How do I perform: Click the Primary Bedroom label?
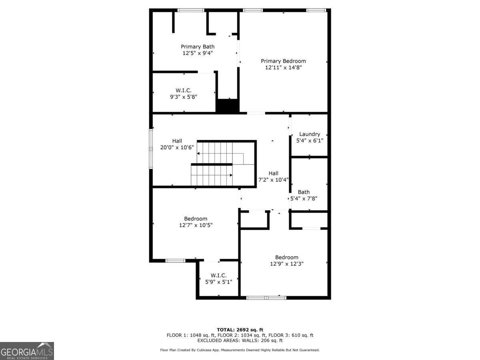(x=283, y=61)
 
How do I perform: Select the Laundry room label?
(x=309, y=134)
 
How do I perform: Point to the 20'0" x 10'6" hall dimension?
(x=177, y=147)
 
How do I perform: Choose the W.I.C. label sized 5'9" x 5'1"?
(x=218, y=275)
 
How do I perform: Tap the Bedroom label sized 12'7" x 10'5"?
(x=196, y=218)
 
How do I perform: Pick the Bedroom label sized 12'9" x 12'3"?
(x=286, y=257)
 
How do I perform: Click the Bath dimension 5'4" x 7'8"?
(x=304, y=198)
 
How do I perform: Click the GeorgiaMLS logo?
(x=27, y=351)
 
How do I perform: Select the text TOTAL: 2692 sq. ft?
(x=240, y=330)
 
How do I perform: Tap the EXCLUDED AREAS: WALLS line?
(x=240, y=341)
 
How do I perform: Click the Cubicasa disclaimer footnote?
(x=240, y=350)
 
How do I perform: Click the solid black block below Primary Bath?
(x=227, y=106)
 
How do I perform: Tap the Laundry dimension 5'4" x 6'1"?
(x=309, y=140)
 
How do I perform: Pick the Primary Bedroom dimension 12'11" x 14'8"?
(x=283, y=68)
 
